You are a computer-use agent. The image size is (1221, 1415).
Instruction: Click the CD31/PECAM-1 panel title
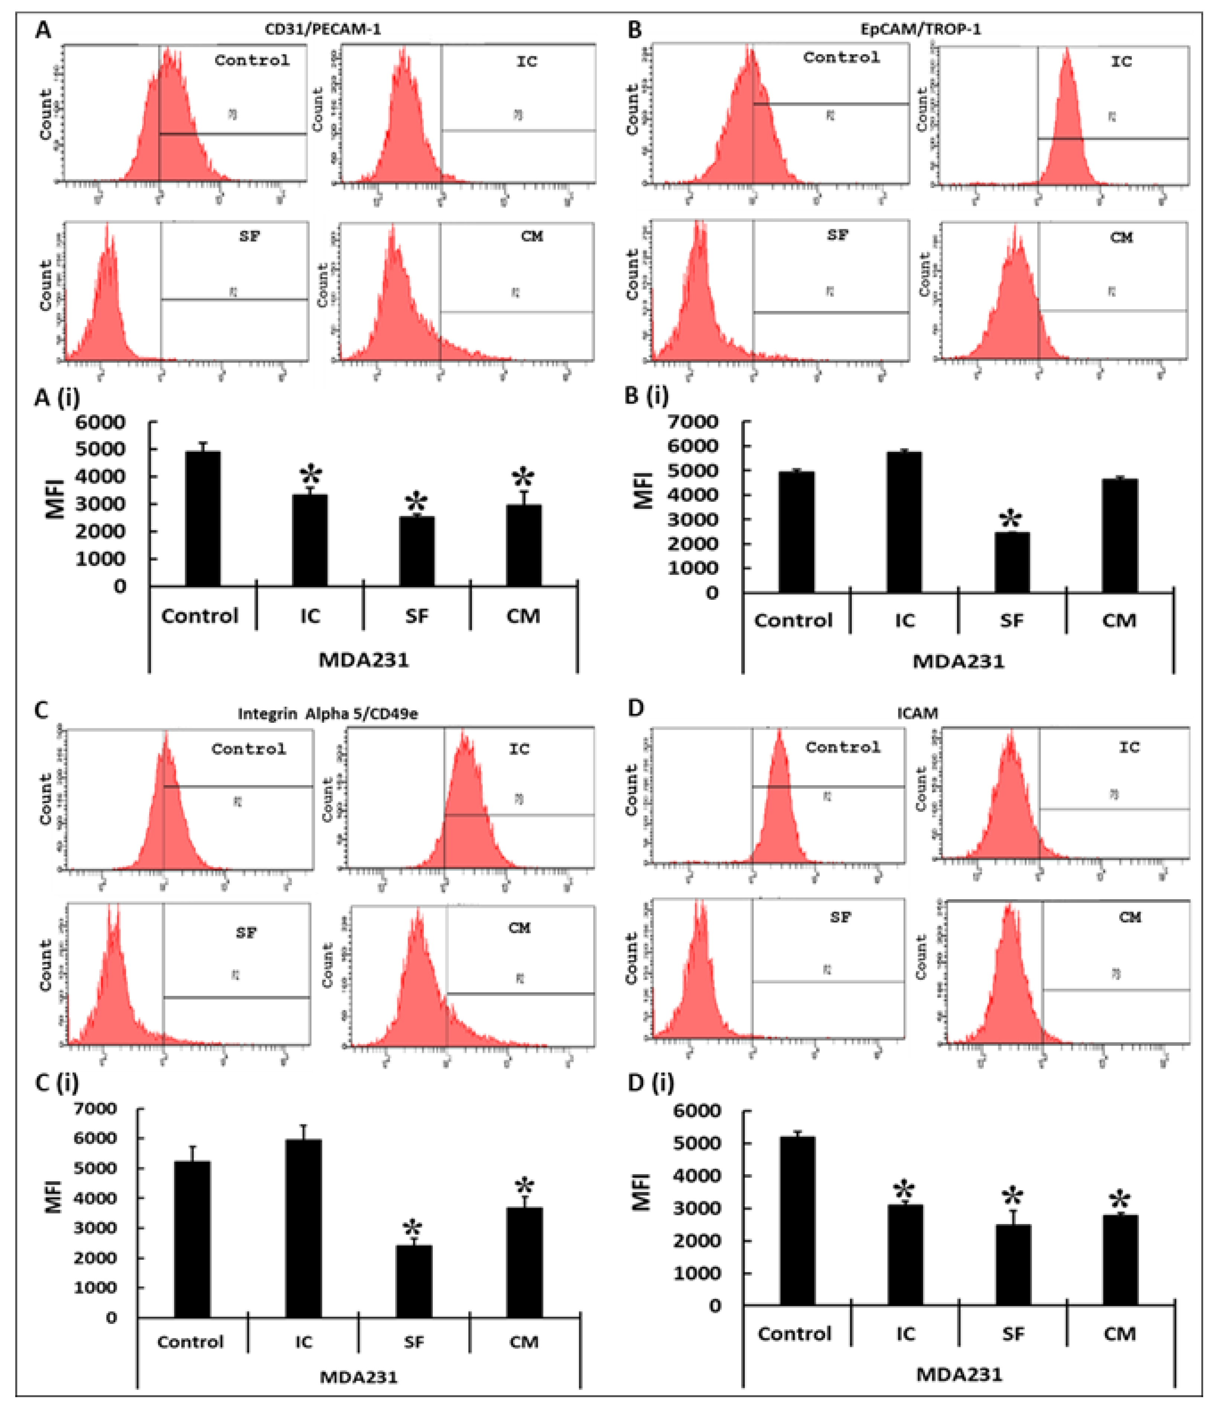click(322, 29)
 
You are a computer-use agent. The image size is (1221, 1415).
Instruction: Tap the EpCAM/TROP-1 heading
click(920, 29)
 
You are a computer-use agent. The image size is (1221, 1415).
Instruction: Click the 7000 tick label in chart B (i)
click(698, 421)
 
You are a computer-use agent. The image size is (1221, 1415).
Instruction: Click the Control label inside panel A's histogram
click(252, 60)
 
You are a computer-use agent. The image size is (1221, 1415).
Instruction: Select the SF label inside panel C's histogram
click(246, 932)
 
